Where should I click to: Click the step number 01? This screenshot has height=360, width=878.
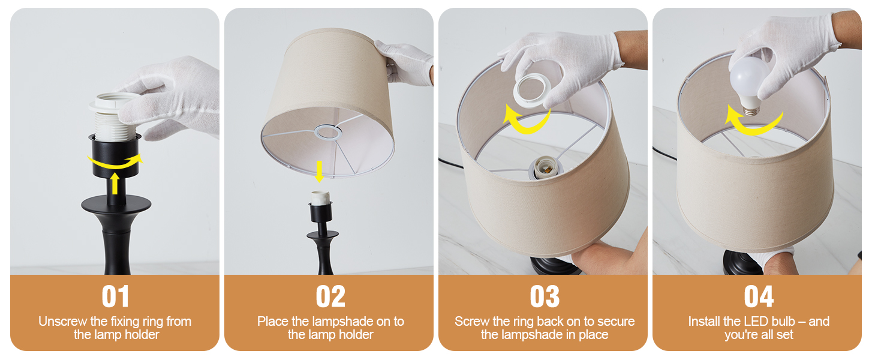pos(115,296)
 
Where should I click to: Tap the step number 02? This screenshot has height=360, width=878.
pos(330,296)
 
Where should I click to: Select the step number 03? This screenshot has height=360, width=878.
pos(545,296)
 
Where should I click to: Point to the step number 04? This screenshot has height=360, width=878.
pos(759,296)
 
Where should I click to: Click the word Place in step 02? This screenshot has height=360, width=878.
pos(273,322)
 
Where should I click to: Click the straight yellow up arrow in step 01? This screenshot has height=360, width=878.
pos(115,184)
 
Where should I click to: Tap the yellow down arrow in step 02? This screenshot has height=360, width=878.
pos(320,172)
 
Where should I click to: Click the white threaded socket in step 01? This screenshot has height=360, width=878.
pos(115,118)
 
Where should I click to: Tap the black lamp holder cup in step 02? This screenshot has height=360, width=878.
pos(321,212)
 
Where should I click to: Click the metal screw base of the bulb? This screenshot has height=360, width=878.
pos(751,110)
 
